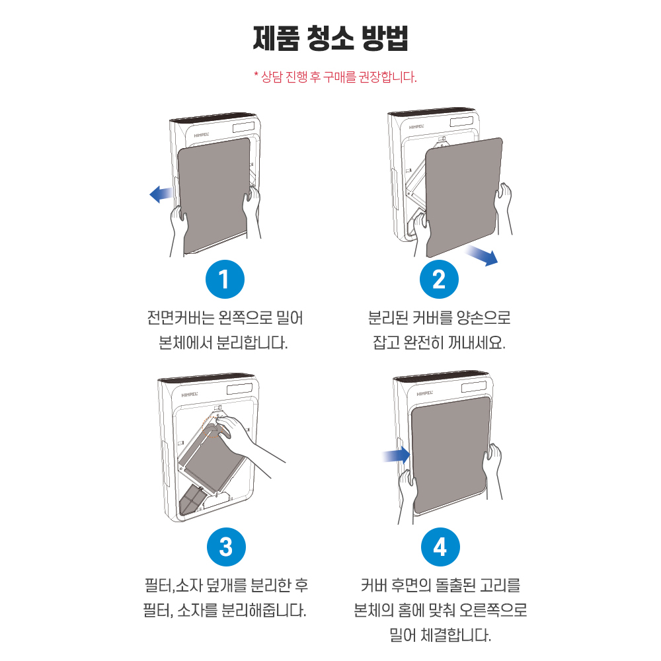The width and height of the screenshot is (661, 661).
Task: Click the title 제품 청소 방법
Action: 330,39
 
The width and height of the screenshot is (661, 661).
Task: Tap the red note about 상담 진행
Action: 335,77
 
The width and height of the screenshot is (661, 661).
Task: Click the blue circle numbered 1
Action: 225,280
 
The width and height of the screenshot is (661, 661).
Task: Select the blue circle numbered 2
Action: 439,280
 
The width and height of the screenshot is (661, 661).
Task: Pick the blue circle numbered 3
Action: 225,547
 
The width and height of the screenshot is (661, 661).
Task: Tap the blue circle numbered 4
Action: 440,547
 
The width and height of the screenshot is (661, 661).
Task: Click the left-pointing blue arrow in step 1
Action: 161,193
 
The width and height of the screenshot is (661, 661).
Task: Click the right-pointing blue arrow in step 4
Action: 397,454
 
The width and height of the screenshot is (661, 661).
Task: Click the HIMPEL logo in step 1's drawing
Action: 195,131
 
